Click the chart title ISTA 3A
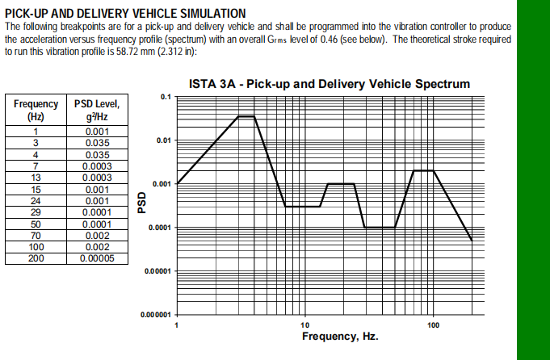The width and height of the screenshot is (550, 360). tap(329, 84)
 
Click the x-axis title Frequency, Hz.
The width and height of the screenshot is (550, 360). tap(339, 336)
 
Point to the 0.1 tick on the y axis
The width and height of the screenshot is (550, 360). tap(166, 97)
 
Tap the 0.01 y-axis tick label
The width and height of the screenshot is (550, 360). tap(162, 140)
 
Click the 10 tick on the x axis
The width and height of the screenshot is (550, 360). tap(304, 324)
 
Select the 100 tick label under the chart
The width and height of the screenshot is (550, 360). tap(433, 324)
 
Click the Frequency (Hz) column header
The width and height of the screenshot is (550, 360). tap(36, 110)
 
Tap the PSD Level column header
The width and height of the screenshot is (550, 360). tap(97, 110)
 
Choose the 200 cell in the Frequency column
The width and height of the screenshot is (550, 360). tap(36, 258)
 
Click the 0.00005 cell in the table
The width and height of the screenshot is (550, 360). tap(97, 258)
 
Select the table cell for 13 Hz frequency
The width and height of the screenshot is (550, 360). tap(36, 178)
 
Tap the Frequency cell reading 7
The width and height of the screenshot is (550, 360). tap(36, 166)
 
